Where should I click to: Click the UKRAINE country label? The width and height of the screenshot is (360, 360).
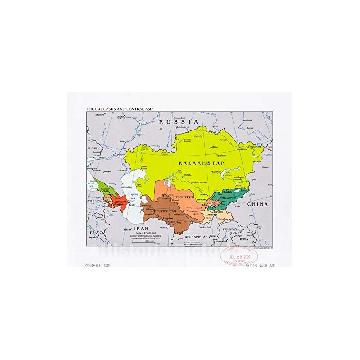94,148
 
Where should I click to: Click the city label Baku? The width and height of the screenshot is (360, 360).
131,205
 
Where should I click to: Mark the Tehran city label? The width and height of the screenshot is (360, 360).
127,229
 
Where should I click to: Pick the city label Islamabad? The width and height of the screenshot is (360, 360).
221,241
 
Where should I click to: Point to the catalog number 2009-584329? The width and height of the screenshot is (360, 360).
97,265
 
